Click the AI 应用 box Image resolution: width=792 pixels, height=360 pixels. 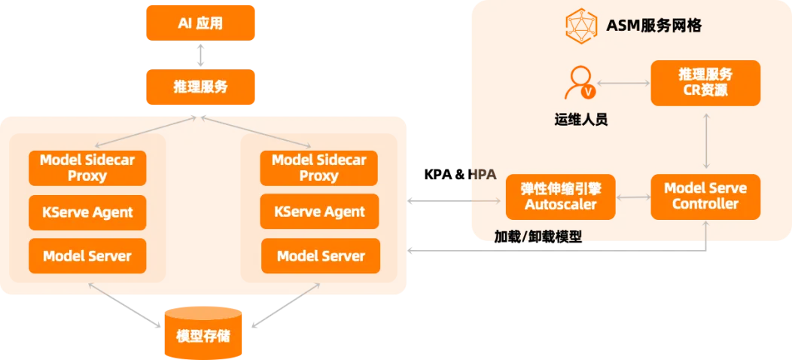coord(200,23)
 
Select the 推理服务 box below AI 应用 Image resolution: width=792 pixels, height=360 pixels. coord(200,87)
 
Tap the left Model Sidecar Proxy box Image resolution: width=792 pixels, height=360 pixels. coord(87,168)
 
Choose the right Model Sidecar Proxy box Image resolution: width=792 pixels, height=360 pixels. coord(319,168)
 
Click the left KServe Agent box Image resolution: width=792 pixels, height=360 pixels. coord(87,212)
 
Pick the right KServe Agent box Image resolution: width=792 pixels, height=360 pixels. coord(319,212)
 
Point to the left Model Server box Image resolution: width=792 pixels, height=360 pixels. coord(87,256)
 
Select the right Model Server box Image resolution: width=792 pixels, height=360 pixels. coord(321,256)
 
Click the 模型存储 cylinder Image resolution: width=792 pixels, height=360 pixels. coord(203,333)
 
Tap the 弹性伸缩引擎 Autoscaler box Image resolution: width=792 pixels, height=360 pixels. coord(561,197)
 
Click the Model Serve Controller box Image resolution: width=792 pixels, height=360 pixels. coord(705,197)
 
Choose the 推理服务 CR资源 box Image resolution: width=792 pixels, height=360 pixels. coord(705,83)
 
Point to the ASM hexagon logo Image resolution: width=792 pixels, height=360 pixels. coord(581,24)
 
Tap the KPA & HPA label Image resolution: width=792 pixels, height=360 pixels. coord(460,175)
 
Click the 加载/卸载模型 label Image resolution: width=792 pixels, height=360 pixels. coord(538,237)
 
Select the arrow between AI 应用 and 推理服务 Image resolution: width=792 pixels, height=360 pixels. coord(200,55)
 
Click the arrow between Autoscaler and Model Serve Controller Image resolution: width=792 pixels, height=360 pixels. coord(633,197)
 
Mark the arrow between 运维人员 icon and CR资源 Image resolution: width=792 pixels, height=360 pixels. coord(623,82)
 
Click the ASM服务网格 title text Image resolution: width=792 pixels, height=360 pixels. coord(653,26)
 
